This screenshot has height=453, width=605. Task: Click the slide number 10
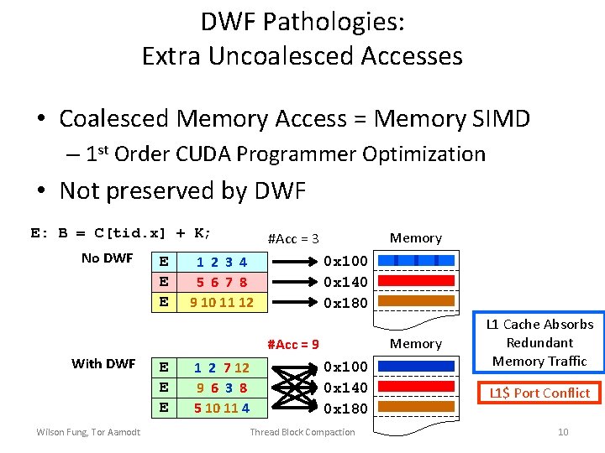point(563,432)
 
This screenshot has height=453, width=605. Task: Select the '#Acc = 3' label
point(292,239)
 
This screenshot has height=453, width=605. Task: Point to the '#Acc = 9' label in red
point(292,344)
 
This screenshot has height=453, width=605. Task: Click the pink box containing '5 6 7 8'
point(222,282)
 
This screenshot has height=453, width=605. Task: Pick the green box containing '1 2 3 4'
point(222,262)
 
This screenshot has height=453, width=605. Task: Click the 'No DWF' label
point(107,258)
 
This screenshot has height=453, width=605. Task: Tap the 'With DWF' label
point(103,363)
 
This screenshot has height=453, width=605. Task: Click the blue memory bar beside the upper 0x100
point(416,261)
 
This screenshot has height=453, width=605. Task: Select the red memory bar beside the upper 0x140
point(416,281)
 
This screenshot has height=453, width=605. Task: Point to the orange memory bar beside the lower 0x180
point(416,408)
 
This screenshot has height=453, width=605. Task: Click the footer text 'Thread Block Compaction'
point(302,432)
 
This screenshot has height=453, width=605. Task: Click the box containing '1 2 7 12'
point(222,367)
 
